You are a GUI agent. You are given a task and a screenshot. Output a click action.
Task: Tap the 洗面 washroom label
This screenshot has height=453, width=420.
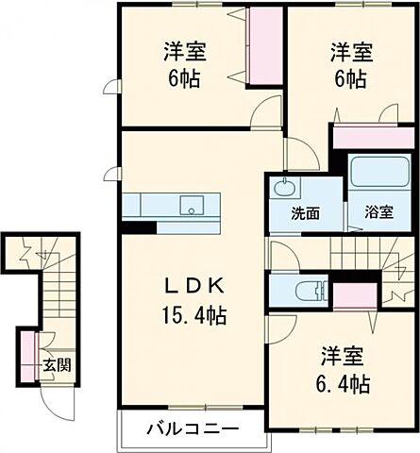pyautogui.click(x=304, y=213)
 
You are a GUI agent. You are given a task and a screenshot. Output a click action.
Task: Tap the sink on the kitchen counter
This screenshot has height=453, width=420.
pyautogui.click(x=193, y=204)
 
